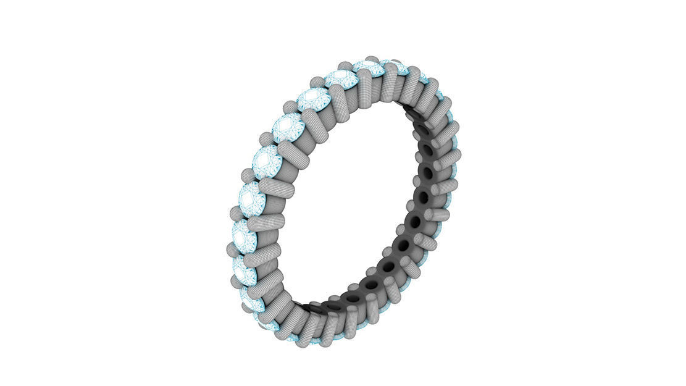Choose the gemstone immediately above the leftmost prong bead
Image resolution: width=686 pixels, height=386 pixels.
click(x=245, y=233)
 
